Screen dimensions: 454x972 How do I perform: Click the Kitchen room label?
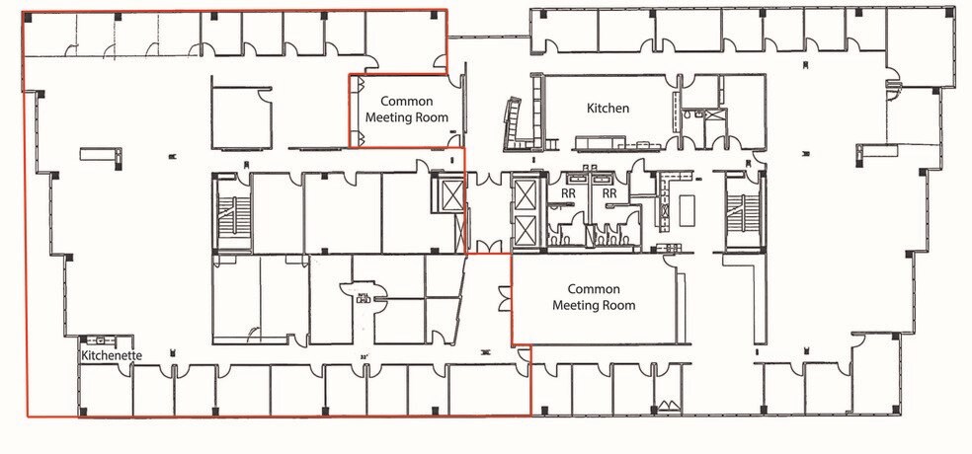pos(607,108)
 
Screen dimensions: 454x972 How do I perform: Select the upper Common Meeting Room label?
pos(407,109)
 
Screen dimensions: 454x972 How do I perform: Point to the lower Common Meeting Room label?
pos(594,297)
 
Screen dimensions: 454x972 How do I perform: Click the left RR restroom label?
pos(569,194)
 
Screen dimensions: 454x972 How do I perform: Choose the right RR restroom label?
pos(609,194)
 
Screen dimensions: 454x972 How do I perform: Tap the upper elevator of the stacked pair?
pos(525,194)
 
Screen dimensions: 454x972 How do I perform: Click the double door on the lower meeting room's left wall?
pos(506,297)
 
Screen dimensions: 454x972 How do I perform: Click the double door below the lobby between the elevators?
pos(485,246)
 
